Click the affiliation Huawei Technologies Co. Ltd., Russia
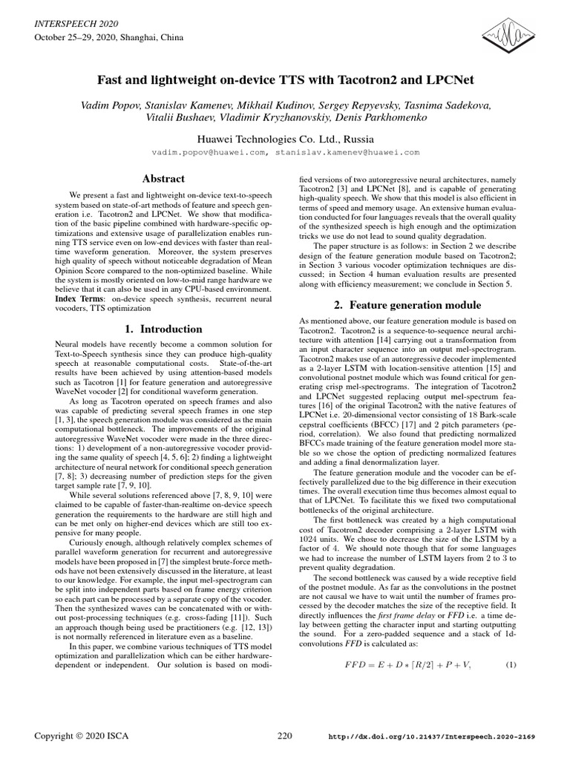click(x=285, y=139)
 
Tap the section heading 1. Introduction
click(x=162, y=329)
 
